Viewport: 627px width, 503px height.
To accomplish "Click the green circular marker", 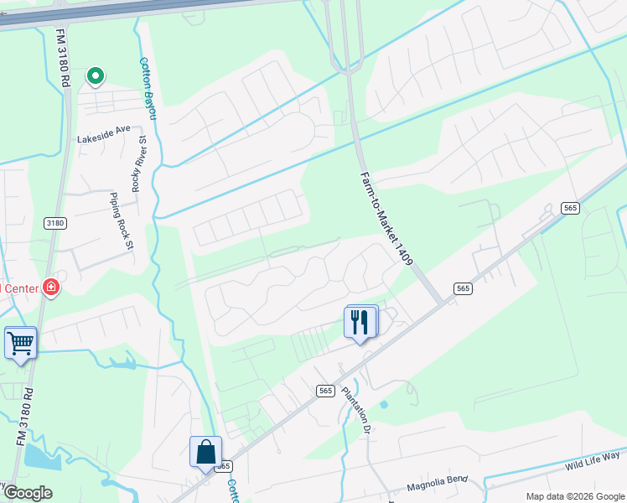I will (x=95, y=77).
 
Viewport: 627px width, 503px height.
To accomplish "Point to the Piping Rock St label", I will (x=122, y=219).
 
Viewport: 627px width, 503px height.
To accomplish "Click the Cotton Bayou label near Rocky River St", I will (x=148, y=87).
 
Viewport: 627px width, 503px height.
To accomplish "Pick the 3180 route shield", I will (x=54, y=223).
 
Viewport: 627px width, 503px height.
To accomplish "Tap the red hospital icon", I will (x=51, y=288).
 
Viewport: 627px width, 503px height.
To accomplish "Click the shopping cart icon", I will (x=20, y=342).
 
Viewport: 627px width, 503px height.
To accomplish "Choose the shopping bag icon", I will (x=205, y=452).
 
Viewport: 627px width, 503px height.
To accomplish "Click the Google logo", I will (x=27, y=492).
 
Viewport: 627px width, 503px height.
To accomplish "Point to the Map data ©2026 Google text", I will (x=574, y=495).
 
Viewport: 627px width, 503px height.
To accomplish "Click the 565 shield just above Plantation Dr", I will (x=326, y=391).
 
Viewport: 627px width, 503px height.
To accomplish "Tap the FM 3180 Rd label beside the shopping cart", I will (x=23, y=416).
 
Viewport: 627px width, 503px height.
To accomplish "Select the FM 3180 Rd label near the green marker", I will (x=62, y=58).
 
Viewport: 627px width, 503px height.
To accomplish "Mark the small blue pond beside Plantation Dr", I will (x=383, y=405).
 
